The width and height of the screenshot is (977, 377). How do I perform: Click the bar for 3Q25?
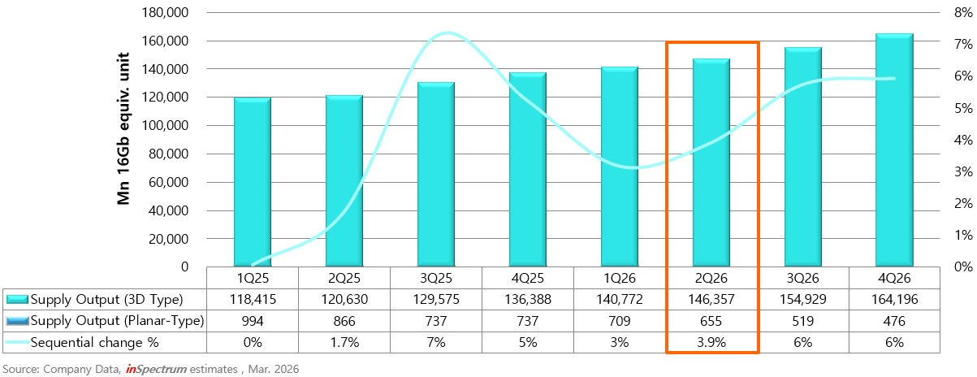pos(435,174)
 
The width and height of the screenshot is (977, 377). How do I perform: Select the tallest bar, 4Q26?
pos(894,150)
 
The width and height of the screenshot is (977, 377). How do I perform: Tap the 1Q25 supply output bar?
pos(253,182)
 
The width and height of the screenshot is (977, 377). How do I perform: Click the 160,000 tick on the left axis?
pos(169,41)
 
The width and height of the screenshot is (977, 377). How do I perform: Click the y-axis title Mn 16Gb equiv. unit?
pos(125,139)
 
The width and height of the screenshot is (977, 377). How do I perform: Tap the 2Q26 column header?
pos(711,277)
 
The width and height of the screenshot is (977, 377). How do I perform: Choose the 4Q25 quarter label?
pos(528,277)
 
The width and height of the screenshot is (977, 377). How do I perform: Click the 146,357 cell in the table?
pos(711,298)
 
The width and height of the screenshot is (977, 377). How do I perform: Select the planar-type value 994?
pos(253,321)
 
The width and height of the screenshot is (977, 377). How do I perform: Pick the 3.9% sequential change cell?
pos(711,343)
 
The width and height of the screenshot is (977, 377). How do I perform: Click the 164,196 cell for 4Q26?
pos(894,298)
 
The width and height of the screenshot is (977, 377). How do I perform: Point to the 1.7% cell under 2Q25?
pos(344,343)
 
